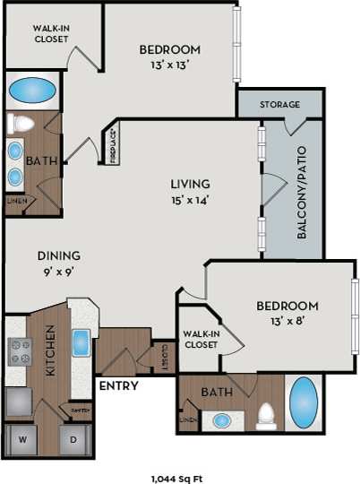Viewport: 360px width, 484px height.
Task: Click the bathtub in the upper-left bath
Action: (x=32, y=91)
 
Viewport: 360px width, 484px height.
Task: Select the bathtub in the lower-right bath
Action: (x=304, y=401)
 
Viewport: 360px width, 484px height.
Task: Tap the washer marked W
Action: (x=21, y=440)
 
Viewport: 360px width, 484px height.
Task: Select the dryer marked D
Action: (x=73, y=440)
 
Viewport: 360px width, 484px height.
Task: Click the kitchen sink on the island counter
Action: (x=81, y=343)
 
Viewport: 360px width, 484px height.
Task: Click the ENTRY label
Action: (x=116, y=386)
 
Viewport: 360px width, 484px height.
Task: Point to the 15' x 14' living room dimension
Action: (x=190, y=200)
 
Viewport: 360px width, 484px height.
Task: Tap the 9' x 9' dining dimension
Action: (x=58, y=270)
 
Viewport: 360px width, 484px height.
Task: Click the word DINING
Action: (x=58, y=255)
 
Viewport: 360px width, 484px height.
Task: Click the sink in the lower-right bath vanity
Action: (x=220, y=419)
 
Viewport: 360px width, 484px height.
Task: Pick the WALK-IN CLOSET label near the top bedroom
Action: (x=52, y=34)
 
